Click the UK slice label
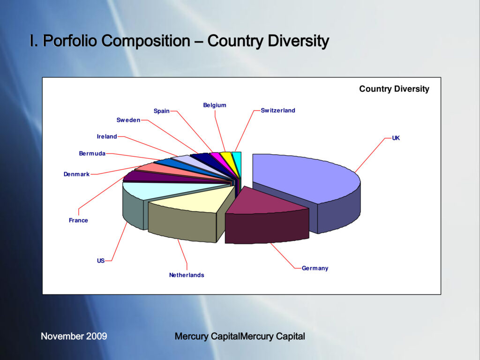pyautogui.click(x=396, y=138)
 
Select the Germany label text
pyautogui.click(x=315, y=268)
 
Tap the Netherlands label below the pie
pyautogui.click(x=187, y=275)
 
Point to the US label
pyautogui.click(x=101, y=261)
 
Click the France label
pyautogui.click(x=78, y=220)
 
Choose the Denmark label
pyautogui.click(x=76, y=174)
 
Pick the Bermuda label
pyautogui.click(x=92, y=153)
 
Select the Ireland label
pyautogui.click(x=107, y=136)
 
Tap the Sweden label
pyautogui.click(x=128, y=120)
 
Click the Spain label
pyautogui.click(x=162, y=111)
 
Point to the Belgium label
pyautogui.click(x=215, y=105)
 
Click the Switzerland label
pyautogui.click(x=278, y=111)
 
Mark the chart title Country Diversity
pyautogui.click(x=394, y=89)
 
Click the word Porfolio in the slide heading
pyautogui.click(x=70, y=41)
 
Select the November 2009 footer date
pyautogui.click(x=74, y=336)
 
